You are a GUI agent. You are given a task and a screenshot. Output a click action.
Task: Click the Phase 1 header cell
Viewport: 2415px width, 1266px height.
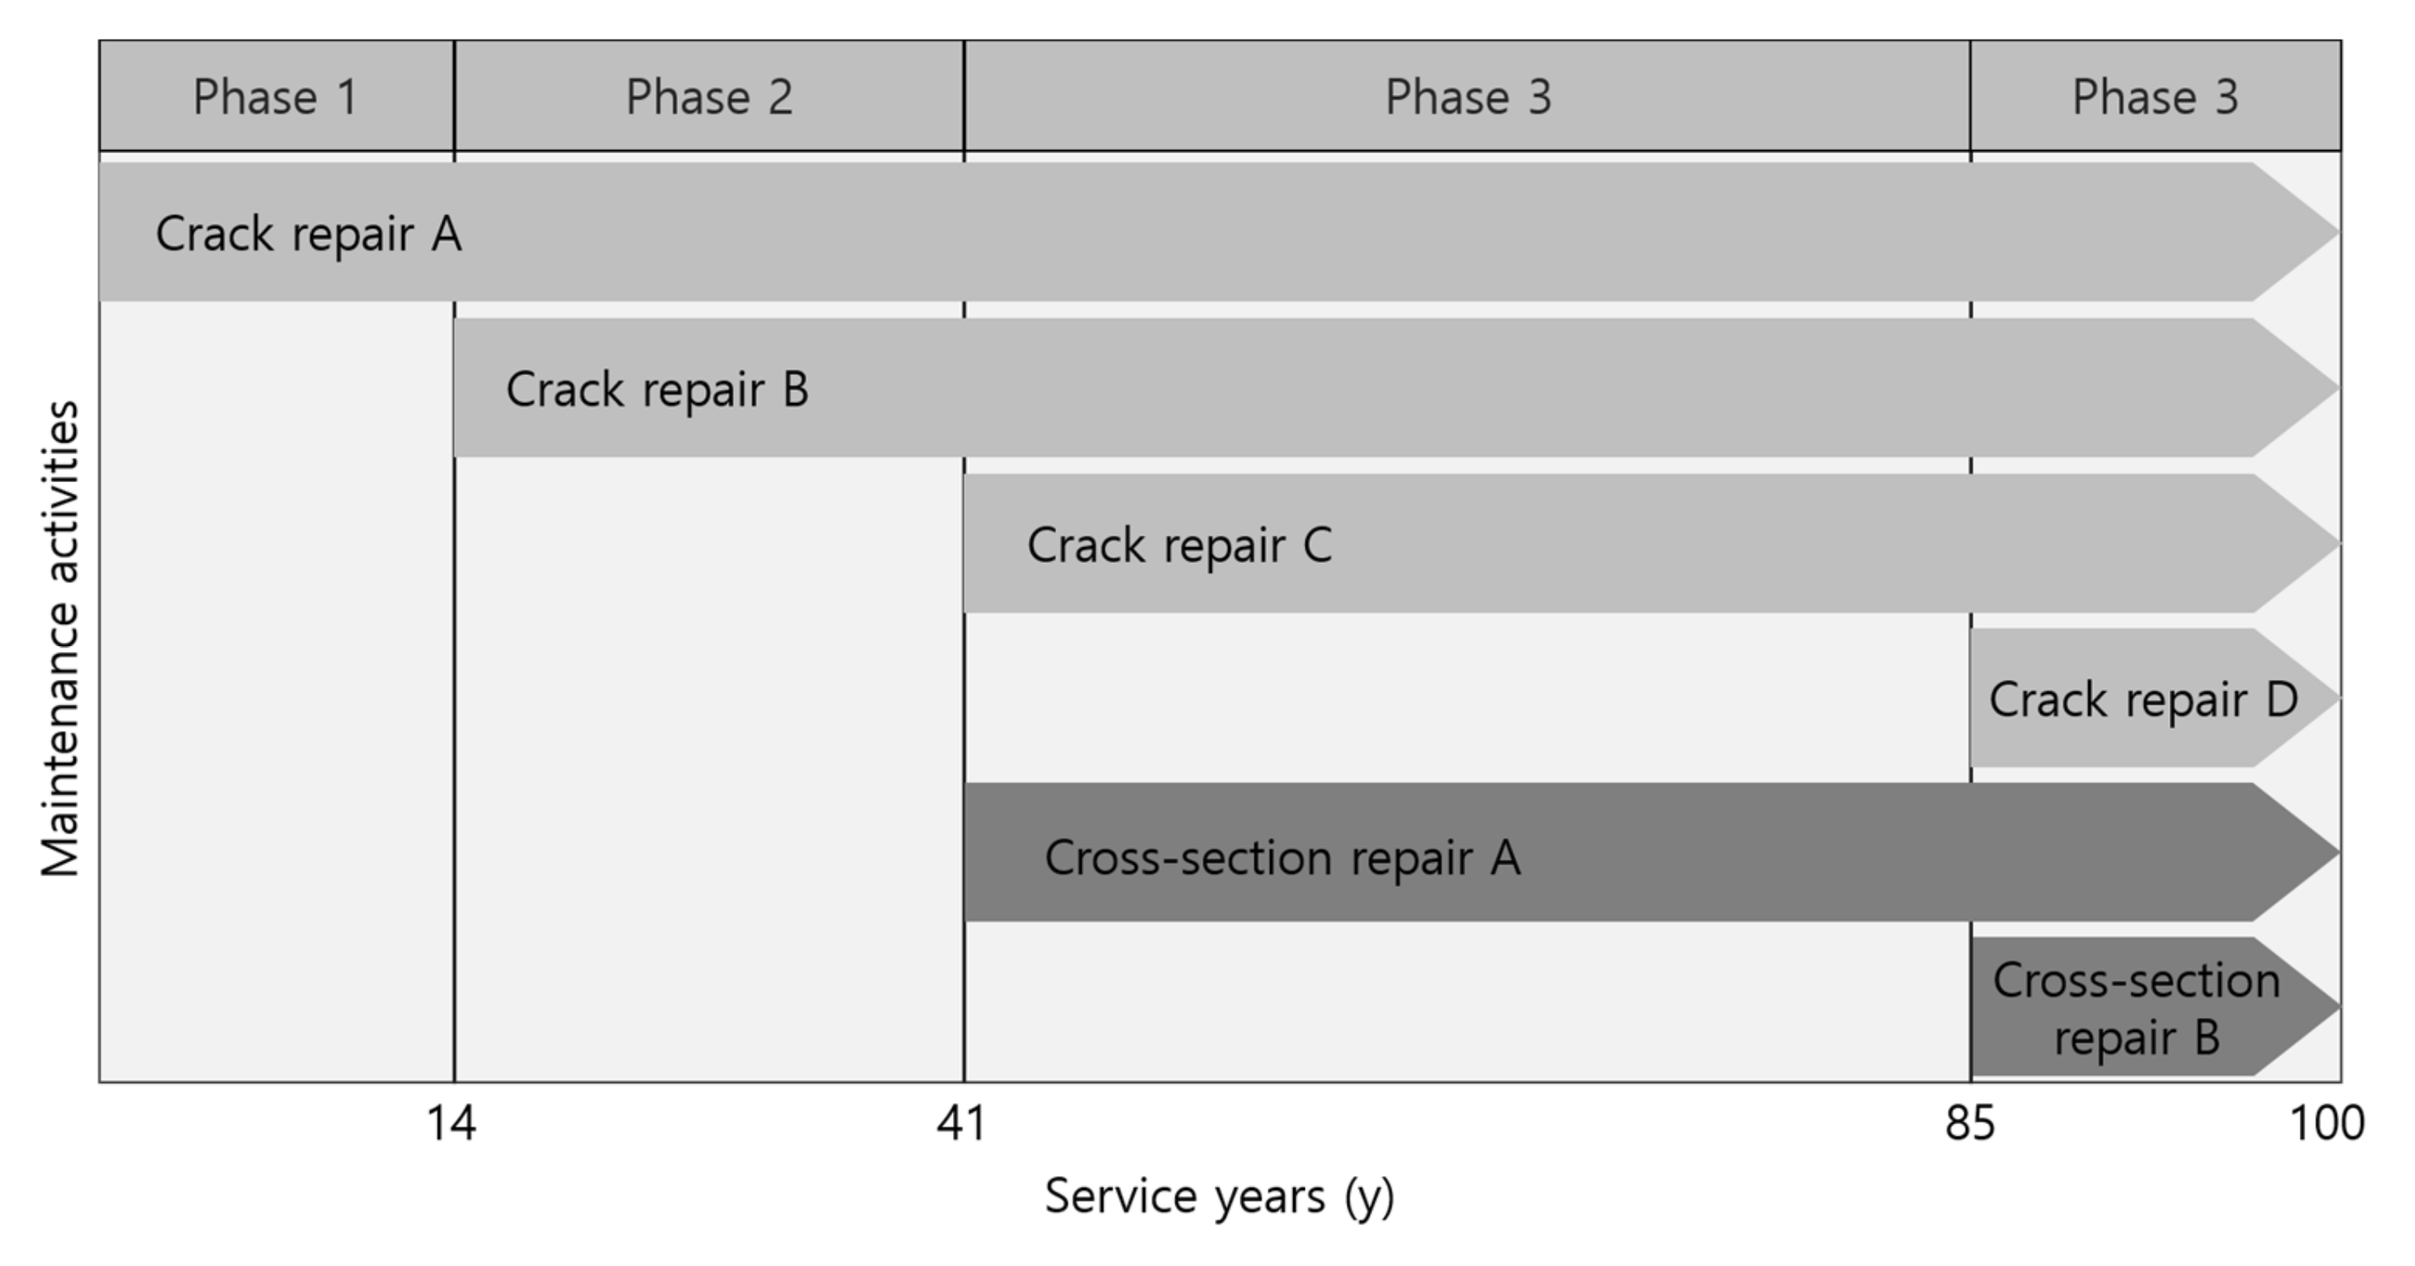[276, 96]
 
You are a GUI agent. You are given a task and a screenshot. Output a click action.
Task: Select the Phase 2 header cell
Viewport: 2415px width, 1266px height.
[708, 96]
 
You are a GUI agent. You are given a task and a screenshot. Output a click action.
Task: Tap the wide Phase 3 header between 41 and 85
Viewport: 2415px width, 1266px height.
[1467, 96]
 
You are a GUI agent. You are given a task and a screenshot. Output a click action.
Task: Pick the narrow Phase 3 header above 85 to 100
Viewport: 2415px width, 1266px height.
[2155, 96]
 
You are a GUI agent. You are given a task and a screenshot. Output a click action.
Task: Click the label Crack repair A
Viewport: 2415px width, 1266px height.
[308, 233]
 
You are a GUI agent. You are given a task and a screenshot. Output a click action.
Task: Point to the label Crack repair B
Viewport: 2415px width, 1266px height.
[656, 389]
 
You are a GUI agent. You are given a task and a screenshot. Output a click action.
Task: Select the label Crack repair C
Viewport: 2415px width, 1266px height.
[1179, 545]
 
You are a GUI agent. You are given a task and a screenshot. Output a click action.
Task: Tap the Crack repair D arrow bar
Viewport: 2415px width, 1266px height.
[2142, 700]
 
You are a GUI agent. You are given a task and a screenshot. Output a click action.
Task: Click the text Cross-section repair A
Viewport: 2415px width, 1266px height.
[1282, 857]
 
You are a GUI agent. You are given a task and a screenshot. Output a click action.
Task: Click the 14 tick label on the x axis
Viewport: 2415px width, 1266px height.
[451, 1123]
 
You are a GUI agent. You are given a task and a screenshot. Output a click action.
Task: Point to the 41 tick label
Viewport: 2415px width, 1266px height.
[962, 1123]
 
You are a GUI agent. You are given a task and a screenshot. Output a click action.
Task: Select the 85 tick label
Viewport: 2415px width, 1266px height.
[1969, 1123]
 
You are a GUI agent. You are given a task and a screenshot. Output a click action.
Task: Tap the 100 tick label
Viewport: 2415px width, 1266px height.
[2327, 1123]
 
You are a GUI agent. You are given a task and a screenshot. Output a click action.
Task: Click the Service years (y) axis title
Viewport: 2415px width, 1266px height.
[1220, 1198]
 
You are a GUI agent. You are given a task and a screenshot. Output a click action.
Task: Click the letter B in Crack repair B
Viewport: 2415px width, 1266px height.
[795, 389]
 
